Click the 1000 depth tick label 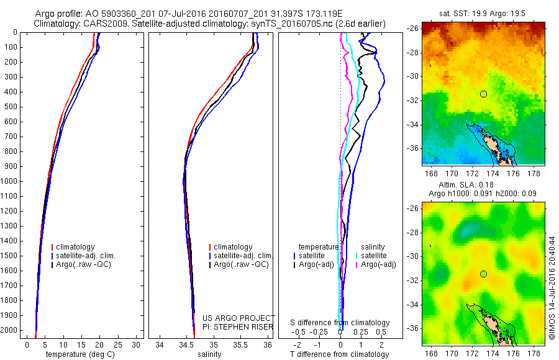(10, 181)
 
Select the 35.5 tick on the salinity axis (240, 344)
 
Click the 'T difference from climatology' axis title (339, 354)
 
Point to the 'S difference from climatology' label (340, 323)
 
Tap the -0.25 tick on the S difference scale (320, 331)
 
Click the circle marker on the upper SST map (483, 94)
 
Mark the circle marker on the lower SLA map (483, 274)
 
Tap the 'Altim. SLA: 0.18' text (482, 184)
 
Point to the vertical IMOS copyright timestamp (552, 285)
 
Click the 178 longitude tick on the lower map (534, 352)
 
